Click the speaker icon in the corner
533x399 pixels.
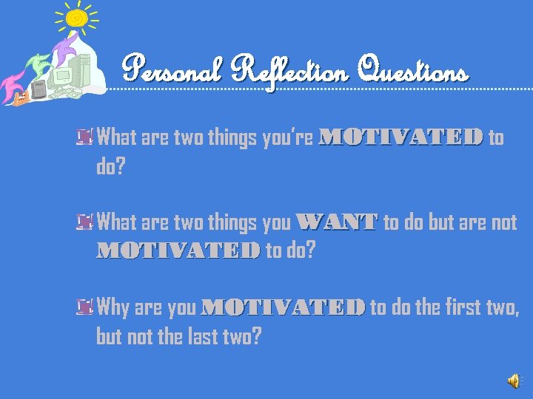[x=513, y=380]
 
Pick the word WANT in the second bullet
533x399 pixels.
[x=336, y=222]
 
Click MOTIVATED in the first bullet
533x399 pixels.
[x=400, y=137]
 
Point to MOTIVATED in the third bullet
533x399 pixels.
[x=283, y=307]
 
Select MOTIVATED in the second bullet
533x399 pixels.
[x=178, y=251]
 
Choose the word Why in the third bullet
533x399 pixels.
[x=113, y=307]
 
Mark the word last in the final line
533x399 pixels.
[x=201, y=336]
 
